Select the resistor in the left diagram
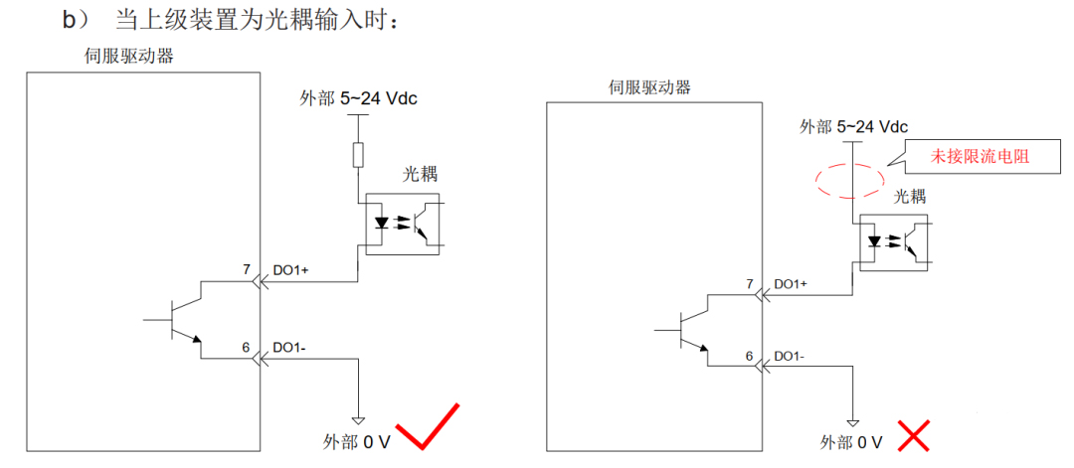tap(358, 154)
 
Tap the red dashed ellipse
tap(847, 180)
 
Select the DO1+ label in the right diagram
tap(790, 284)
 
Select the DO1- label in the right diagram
tap(788, 356)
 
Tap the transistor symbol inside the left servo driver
tap(180, 320)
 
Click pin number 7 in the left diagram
tap(246, 269)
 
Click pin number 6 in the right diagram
tap(749, 355)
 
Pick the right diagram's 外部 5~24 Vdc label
tap(854, 126)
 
